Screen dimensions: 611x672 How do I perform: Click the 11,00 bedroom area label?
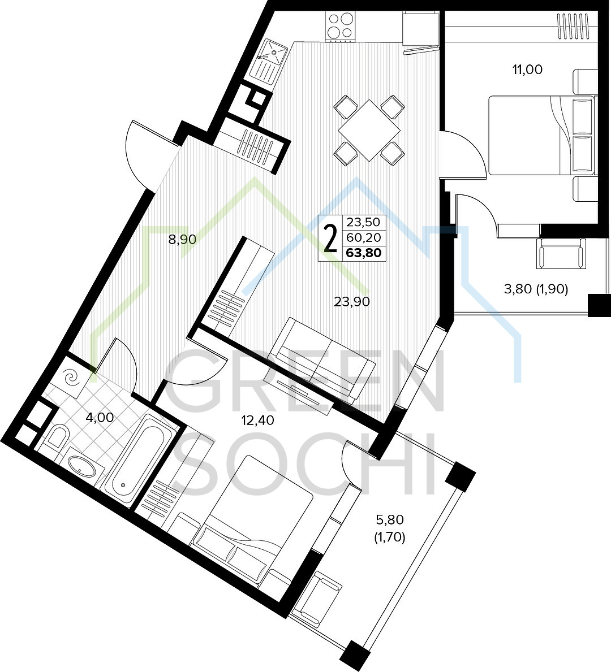tap(527, 70)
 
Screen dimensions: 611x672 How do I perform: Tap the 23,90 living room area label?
tap(352, 302)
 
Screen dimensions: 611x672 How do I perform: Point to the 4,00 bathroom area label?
tap(100, 418)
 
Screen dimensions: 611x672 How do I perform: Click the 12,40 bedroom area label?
tap(257, 420)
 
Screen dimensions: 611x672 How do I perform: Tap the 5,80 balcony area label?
tap(390, 521)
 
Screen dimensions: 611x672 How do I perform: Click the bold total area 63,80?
tap(364, 253)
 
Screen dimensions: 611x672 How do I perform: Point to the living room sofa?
tap(320, 361)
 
